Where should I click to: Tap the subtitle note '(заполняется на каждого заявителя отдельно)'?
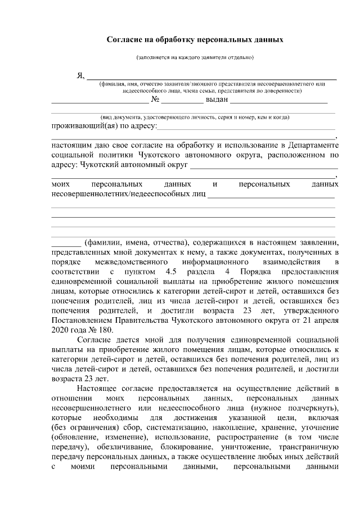point(195,57)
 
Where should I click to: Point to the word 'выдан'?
point(217,100)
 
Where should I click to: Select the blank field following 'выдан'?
point(278,101)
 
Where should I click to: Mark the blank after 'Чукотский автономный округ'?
point(264,168)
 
